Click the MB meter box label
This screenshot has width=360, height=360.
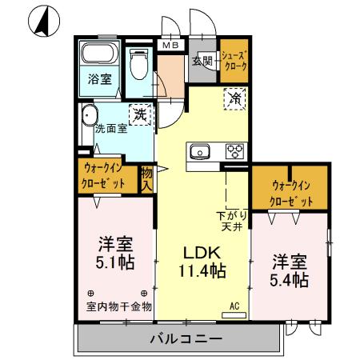(x=172, y=46)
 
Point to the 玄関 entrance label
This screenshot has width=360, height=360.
(x=202, y=61)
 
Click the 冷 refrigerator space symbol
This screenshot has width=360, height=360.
(x=235, y=99)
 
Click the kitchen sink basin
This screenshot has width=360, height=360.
(x=198, y=152)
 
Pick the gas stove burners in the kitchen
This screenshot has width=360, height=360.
(x=234, y=151)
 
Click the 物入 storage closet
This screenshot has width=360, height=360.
(x=147, y=178)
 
